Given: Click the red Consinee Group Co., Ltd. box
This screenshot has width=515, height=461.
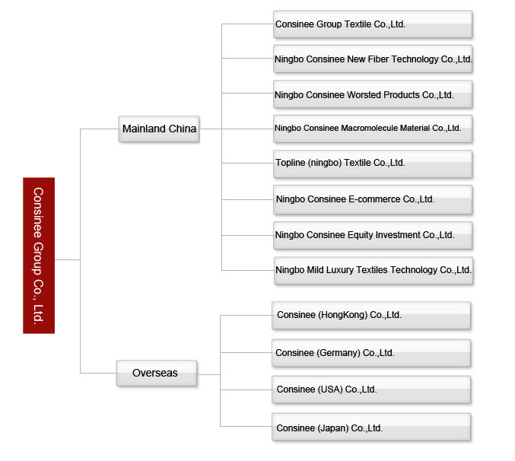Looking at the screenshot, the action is click(x=39, y=256).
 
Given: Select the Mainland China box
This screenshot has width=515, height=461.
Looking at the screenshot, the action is click(x=159, y=129).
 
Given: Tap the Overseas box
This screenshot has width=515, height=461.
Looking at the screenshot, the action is click(x=157, y=373).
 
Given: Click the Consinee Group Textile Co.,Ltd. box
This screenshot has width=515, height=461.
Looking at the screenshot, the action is click(x=373, y=24).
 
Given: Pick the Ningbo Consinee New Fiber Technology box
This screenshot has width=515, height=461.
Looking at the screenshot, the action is click(x=373, y=59).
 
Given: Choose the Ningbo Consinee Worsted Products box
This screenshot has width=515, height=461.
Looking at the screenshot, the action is click(x=373, y=94).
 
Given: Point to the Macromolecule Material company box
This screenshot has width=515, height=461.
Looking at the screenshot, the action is click(x=373, y=129).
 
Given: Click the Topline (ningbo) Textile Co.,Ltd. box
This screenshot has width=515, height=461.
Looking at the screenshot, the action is click(x=373, y=164).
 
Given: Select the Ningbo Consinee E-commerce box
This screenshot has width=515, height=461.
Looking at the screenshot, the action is click(x=373, y=200).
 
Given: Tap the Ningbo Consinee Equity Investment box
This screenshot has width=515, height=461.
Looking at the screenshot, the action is click(x=373, y=235).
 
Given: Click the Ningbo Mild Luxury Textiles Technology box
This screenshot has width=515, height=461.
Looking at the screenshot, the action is click(x=374, y=271).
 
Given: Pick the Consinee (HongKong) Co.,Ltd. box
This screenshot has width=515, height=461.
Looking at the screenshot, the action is click(x=371, y=316).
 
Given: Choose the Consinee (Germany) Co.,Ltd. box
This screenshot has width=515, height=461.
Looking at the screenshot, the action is click(x=371, y=353).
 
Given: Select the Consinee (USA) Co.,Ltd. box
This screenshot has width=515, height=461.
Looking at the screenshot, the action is click(x=371, y=389).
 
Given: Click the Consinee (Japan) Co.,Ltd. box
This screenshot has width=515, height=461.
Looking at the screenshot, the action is click(x=371, y=428).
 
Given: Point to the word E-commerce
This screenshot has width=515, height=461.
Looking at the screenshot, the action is click(x=374, y=199).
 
